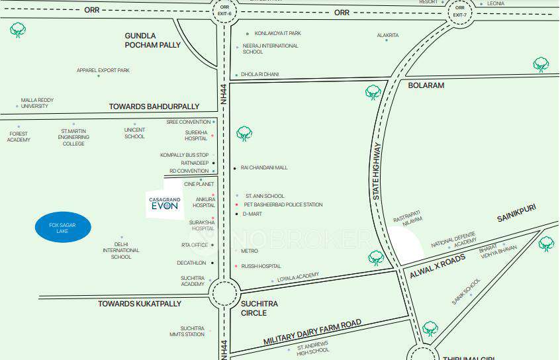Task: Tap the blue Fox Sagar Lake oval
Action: [x=63, y=227]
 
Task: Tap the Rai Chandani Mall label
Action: [x=264, y=167]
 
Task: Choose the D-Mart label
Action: [x=253, y=214]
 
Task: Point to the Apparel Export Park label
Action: [x=103, y=70]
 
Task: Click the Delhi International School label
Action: [x=121, y=250]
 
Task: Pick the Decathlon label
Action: [x=193, y=263]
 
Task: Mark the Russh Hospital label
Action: [x=261, y=266]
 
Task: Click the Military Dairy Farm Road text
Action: [x=312, y=332]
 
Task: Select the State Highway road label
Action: [x=378, y=171]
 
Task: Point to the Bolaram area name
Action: [x=426, y=85]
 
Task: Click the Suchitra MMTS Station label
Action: [x=187, y=331]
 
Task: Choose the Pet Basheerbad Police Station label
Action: [x=283, y=205]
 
